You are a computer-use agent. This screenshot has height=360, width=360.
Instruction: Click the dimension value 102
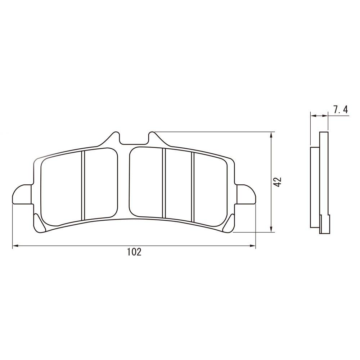coord(134,252)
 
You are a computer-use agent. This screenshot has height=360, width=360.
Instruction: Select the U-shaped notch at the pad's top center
coord(134,139)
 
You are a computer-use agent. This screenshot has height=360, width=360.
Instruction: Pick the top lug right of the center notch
coord(154,139)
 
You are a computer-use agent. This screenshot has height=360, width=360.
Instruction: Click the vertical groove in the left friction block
coord(83,185)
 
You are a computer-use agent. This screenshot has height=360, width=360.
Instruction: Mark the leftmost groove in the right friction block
coord(163,184)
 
